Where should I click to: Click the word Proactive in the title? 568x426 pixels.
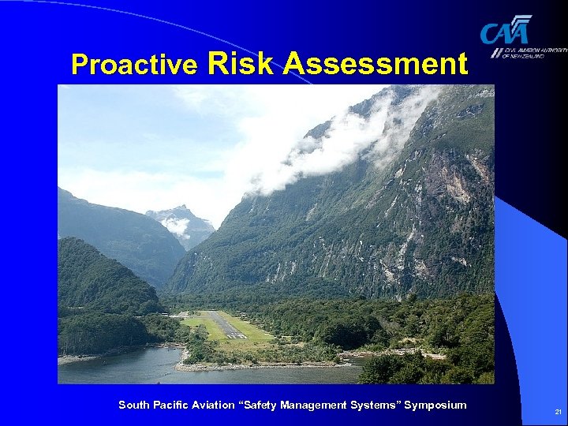tap(133, 64)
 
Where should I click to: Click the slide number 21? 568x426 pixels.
tap(558, 412)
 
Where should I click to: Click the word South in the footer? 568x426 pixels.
tap(133, 405)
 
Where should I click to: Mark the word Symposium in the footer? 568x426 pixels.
tap(435, 405)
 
